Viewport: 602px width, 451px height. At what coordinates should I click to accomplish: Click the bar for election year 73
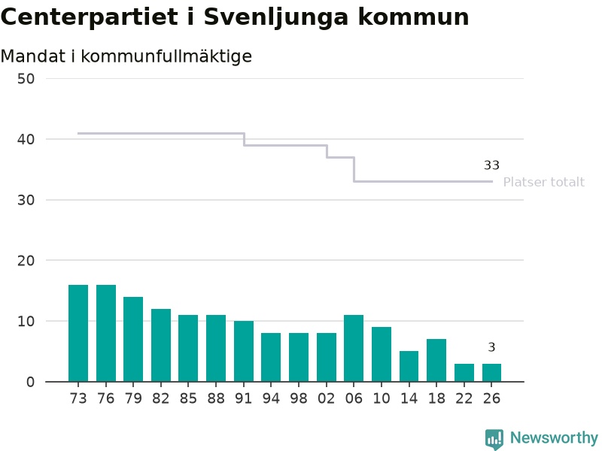click(78, 333)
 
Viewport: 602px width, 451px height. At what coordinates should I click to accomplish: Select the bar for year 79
click(133, 340)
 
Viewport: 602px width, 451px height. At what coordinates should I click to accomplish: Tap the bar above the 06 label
click(354, 349)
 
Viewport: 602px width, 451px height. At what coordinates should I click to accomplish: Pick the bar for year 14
click(409, 367)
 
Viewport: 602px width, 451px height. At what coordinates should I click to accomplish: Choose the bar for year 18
click(436, 361)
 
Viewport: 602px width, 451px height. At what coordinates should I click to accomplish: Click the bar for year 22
click(464, 373)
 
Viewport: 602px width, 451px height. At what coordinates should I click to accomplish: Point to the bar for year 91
click(244, 352)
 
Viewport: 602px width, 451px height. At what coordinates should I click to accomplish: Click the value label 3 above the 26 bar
click(491, 347)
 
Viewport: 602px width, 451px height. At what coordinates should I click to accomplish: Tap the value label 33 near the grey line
click(491, 165)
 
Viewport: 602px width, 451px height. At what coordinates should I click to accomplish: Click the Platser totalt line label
click(543, 182)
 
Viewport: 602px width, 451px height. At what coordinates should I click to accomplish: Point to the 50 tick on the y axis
click(26, 79)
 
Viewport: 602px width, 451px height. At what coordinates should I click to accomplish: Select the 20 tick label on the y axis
click(26, 261)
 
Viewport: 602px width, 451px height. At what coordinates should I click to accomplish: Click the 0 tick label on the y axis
click(30, 382)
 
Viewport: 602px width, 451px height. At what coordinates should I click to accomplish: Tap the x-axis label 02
click(326, 398)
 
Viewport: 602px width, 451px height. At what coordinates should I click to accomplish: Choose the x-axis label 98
click(298, 398)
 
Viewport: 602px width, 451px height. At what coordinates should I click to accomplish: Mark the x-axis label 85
click(188, 398)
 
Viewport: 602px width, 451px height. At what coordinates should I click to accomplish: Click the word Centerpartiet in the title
click(90, 17)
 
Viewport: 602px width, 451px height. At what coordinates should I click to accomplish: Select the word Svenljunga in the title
click(275, 18)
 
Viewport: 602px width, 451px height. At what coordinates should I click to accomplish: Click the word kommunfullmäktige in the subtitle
click(166, 56)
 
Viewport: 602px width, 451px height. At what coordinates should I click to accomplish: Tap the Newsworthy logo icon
click(494, 439)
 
